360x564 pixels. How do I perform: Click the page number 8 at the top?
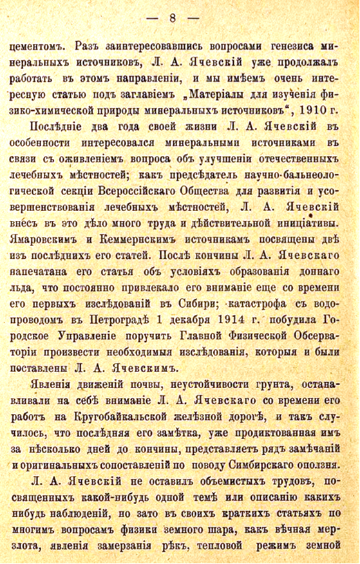point(173,17)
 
